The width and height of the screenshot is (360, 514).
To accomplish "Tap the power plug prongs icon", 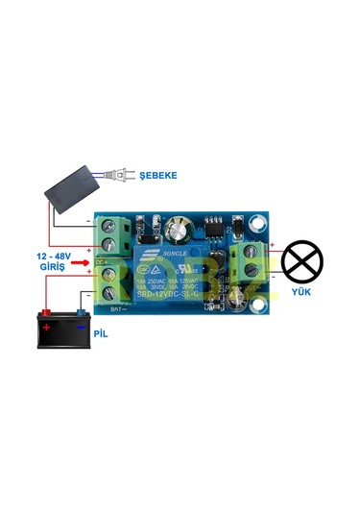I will coord(118,176).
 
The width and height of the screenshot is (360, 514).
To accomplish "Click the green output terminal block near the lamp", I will coord(249,261).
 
